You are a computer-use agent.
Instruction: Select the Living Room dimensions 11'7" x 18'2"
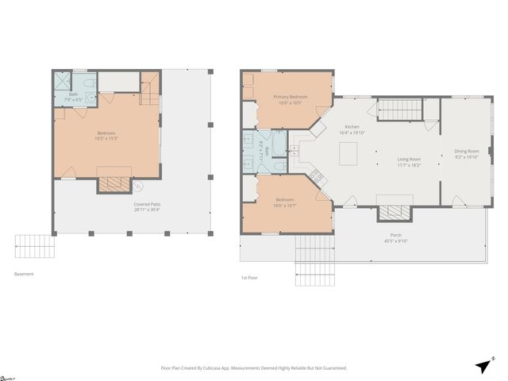409,166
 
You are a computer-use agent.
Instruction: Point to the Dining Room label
466,151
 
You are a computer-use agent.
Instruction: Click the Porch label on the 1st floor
394,236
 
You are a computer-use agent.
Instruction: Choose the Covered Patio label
147,205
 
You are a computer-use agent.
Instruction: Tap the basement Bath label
74,94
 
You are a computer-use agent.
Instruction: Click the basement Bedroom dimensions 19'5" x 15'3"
107,138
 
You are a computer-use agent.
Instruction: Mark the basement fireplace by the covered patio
112,184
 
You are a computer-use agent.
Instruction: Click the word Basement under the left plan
24,275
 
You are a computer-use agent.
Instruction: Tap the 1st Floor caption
249,278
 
